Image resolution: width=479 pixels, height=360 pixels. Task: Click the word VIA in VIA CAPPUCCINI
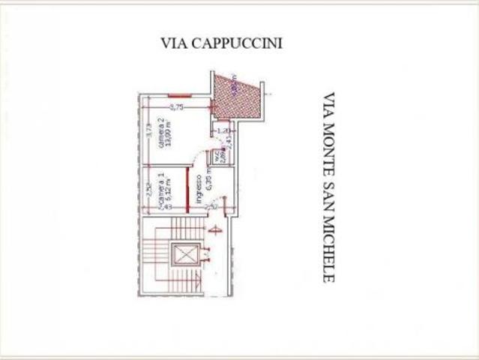[173, 43]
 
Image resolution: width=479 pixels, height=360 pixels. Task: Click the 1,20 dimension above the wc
[223, 130]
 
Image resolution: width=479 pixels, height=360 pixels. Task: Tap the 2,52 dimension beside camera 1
[149, 190]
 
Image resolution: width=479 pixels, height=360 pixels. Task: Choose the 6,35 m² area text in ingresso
[209, 183]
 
